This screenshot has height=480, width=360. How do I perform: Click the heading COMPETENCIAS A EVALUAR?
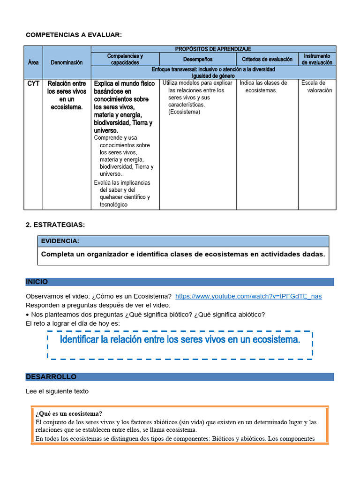coord(74,35)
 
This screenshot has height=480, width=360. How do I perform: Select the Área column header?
coord(33,62)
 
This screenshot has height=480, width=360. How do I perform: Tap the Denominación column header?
coord(67,62)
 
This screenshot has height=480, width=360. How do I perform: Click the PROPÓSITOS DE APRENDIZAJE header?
coord(213,49)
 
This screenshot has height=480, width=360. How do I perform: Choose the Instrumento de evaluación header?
coord(317,59)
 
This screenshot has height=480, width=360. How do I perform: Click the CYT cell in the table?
coord(33,83)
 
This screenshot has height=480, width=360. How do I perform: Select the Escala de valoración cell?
coord(316,87)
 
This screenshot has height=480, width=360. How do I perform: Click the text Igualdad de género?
coord(213,75)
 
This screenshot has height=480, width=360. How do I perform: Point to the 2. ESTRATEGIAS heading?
coord(55,225)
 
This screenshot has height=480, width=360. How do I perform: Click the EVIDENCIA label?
coord(60,241)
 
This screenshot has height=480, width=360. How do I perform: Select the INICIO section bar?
coord(180,282)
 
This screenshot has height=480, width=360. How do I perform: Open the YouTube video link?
coord(248,296)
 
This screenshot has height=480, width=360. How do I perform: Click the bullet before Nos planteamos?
coord(28,315)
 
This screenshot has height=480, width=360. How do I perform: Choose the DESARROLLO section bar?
coord(180,377)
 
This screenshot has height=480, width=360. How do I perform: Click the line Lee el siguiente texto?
coord(57,391)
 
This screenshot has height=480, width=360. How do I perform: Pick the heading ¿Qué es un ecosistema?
coord(69,413)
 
